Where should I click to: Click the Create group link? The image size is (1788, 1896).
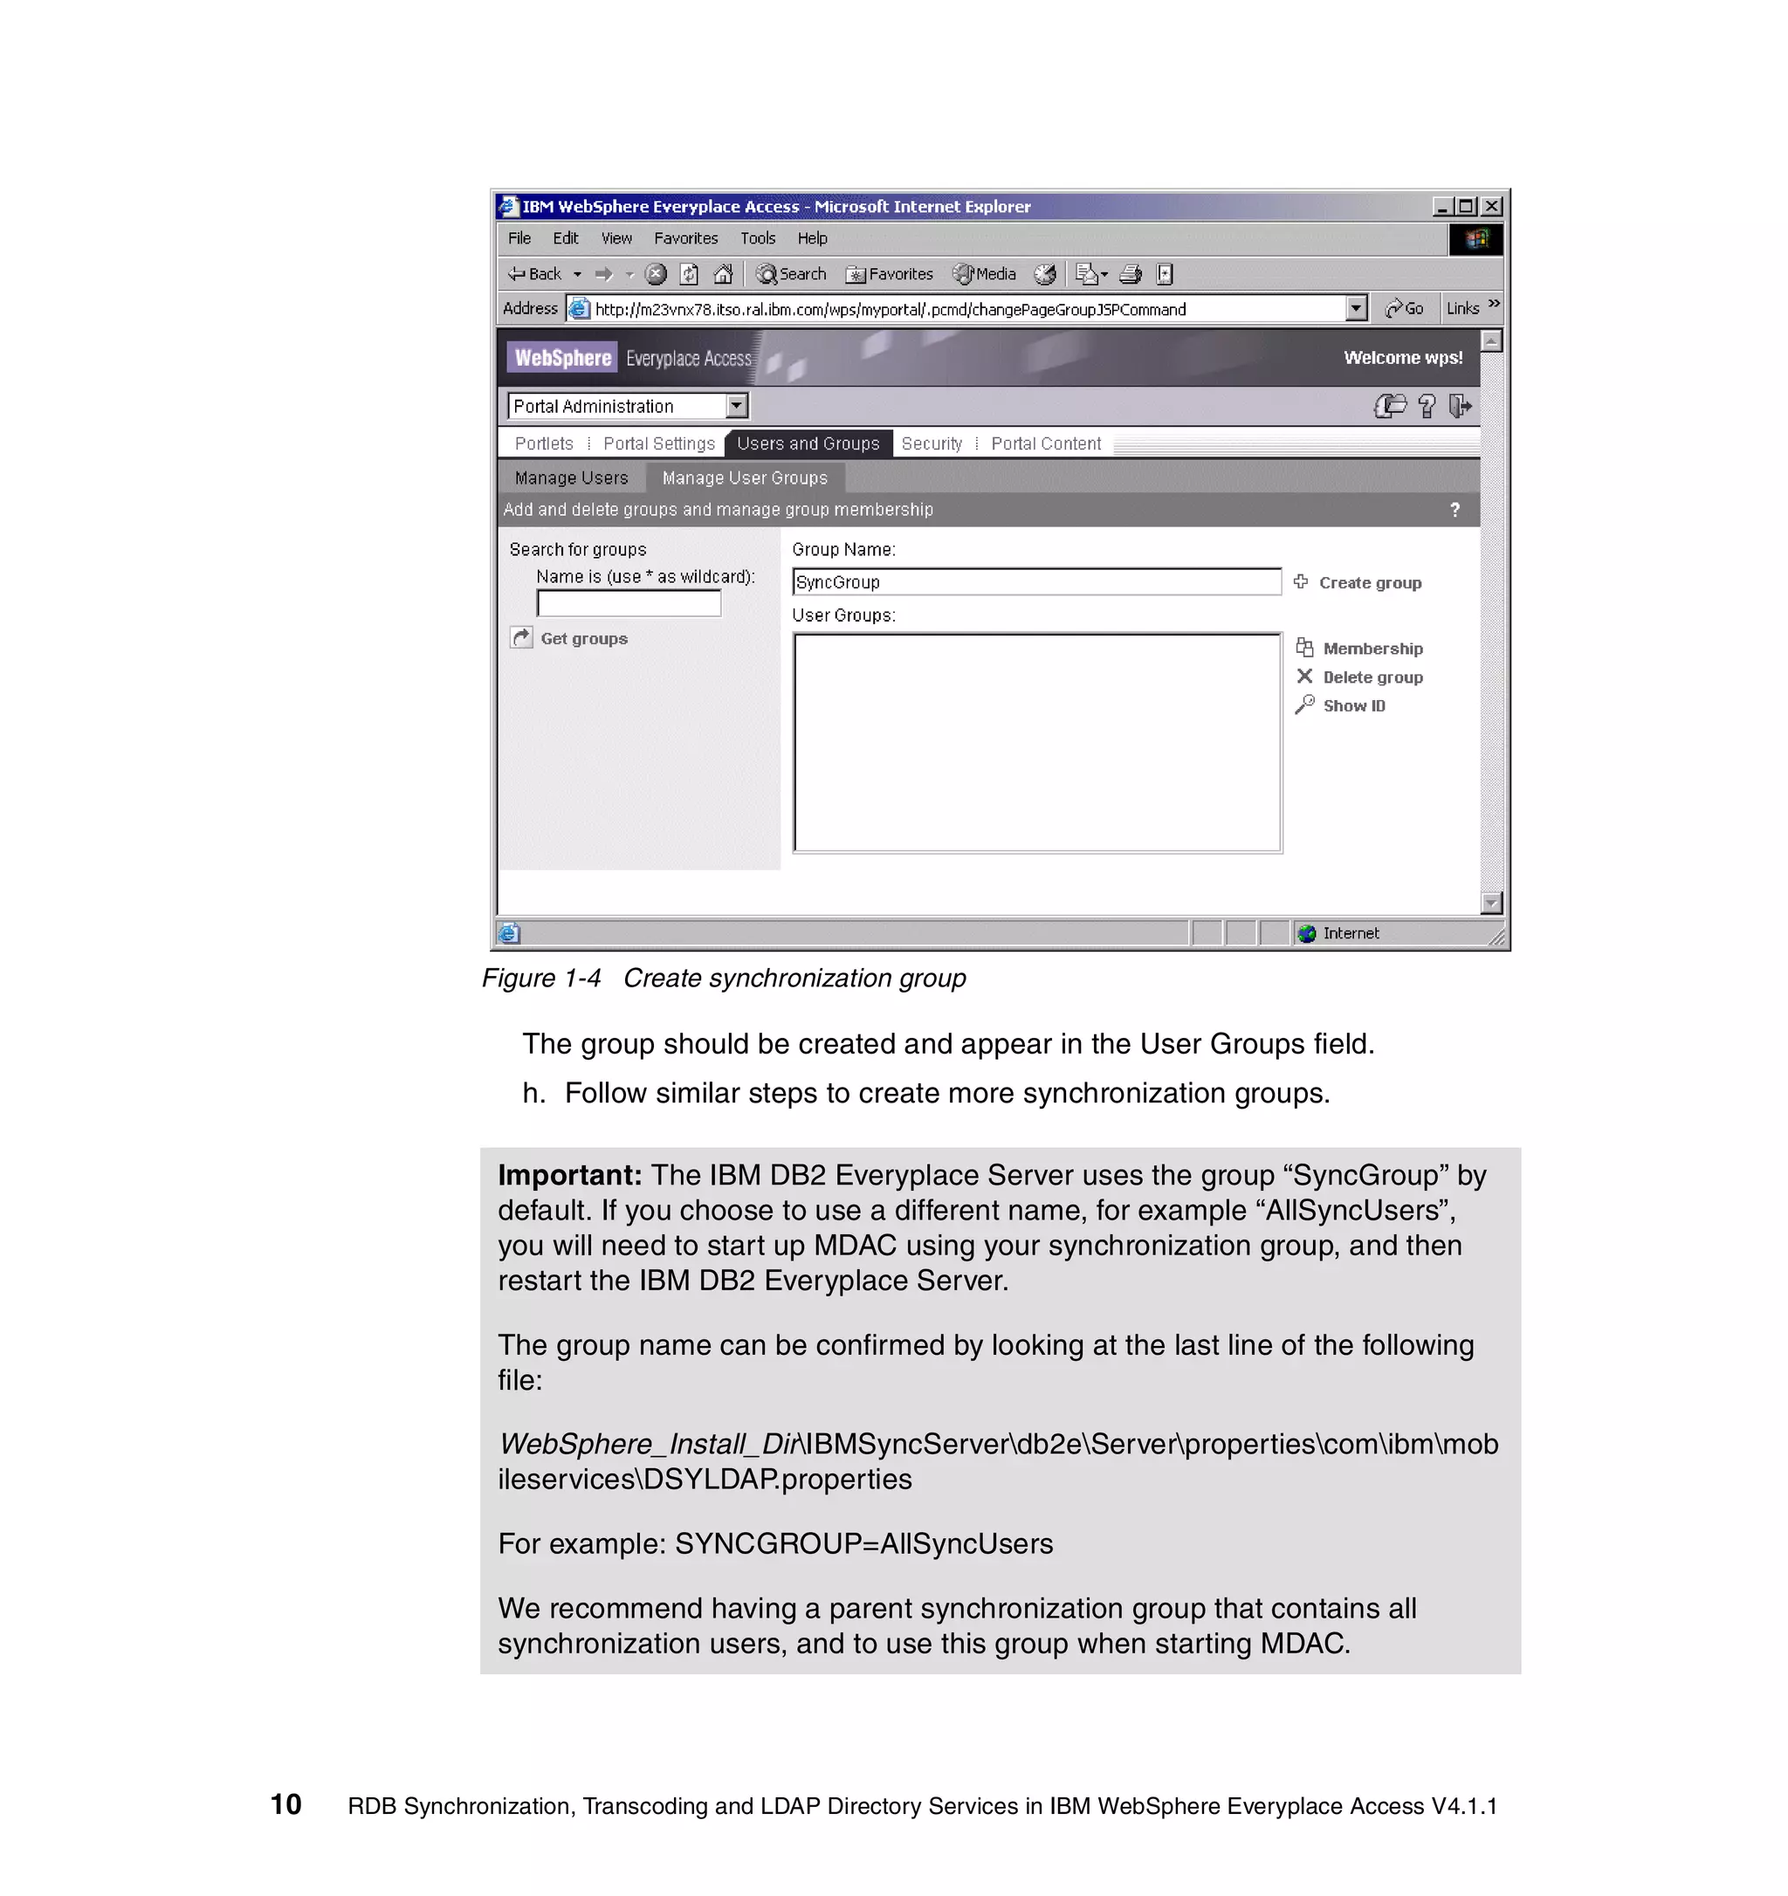(x=1368, y=583)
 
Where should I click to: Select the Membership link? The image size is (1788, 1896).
(x=1372, y=649)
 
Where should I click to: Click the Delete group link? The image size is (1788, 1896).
(x=1372, y=677)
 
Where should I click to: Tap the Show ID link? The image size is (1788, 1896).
(x=1352, y=705)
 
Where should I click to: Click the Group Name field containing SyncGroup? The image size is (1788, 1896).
(x=1035, y=581)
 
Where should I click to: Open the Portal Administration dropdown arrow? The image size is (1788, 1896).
(x=735, y=406)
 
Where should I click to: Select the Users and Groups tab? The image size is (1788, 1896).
(x=808, y=443)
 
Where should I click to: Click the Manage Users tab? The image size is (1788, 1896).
(x=571, y=477)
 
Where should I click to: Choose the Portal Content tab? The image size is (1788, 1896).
(x=1045, y=443)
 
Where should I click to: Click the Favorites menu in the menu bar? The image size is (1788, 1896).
(x=685, y=238)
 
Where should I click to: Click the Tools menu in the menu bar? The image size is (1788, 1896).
(x=757, y=238)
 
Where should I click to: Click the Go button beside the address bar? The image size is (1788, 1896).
(x=1405, y=308)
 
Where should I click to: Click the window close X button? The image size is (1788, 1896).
(x=1492, y=206)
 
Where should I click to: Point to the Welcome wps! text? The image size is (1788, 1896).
(x=1402, y=358)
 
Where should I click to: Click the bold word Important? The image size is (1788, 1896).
(x=569, y=1175)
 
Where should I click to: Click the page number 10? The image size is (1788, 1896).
(x=286, y=1804)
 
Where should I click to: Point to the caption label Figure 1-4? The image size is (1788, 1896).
(x=540, y=979)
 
